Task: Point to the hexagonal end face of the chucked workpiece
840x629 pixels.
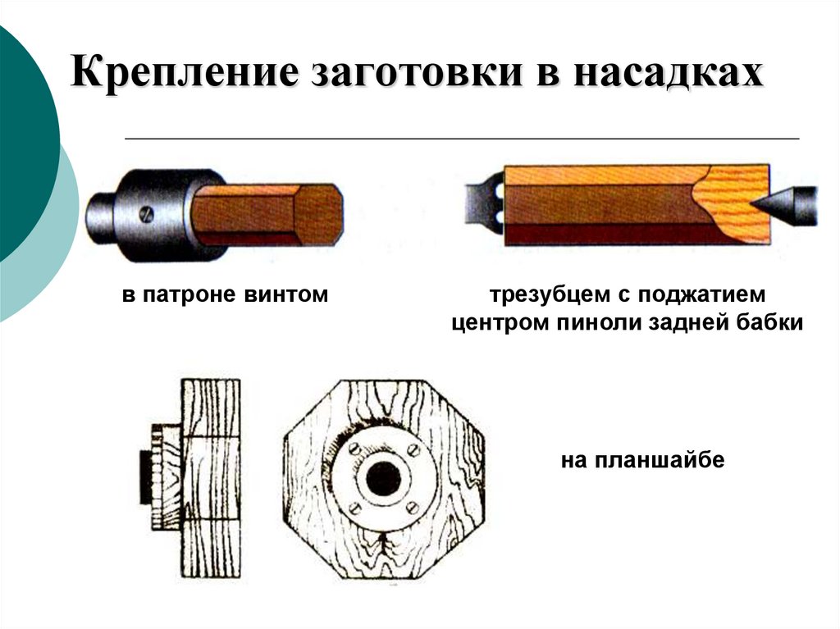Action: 317,215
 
